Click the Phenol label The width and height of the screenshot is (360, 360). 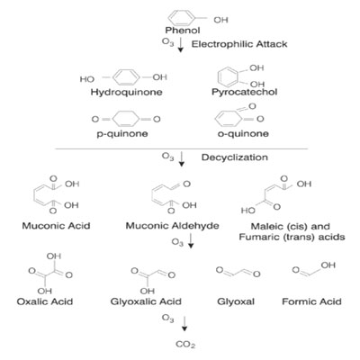click(183, 31)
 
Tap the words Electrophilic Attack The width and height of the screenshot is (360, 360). click(239, 44)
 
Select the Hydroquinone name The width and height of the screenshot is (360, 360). click(127, 92)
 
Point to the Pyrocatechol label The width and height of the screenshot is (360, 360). click(245, 92)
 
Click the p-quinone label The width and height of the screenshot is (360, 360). click(122, 133)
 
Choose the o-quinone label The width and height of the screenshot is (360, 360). click(243, 133)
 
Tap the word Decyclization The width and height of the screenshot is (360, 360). click(235, 157)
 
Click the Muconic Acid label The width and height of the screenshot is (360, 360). click(56, 226)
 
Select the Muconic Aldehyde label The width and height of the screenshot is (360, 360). click(172, 226)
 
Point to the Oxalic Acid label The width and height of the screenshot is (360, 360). click(45, 301)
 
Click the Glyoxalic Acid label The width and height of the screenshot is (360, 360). click(146, 301)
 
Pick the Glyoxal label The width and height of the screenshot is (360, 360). click(236, 301)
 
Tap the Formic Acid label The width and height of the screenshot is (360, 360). click(311, 301)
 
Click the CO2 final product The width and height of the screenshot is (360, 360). click(185, 345)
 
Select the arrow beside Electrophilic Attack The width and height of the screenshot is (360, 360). click(181, 44)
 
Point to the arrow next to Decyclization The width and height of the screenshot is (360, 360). click(181, 158)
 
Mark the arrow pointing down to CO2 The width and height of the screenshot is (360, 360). click(184, 323)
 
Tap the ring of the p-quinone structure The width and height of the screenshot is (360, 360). click(112, 119)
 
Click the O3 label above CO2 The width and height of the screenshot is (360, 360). click(167, 319)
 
